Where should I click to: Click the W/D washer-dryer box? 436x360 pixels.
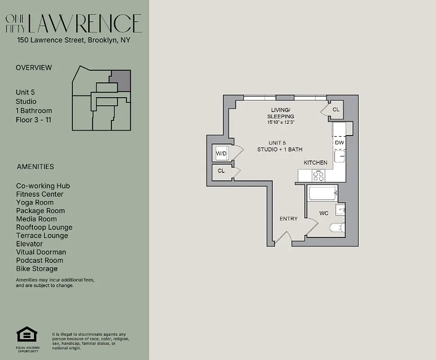pyautogui.click(x=221, y=153)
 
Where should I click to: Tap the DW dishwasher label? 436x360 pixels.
pyautogui.click(x=339, y=143)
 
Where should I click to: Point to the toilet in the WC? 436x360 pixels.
pyautogui.click(x=337, y=227)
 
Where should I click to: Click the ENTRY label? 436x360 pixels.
pyautogui.click(x=289, y=219)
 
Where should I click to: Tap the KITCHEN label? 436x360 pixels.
pyautogui.click(x=316, y=162)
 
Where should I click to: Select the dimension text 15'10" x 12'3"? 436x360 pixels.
pyautogui.click(x=280, y=122)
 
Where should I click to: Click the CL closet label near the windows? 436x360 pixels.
pyautogui.click(x=336, y=110)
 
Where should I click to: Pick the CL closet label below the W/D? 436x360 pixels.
pyautogui.click(x=221, y=171)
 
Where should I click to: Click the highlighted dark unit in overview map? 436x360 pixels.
pyautogui.click(x=121, y=80)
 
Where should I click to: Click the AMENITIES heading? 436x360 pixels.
pyautogui.click(x=35, y=166)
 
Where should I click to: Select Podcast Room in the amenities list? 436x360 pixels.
pyautogui.click(x=40, y=260)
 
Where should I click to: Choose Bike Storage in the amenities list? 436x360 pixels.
pyautogui.click(x=37, y=269)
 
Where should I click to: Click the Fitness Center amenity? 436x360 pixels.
pyautogui.click(x=40, y=194)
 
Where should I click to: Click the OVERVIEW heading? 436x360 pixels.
pyautogui.click(x=34, y=67)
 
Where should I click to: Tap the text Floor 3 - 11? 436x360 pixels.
pyautogui.click(x=34, y=120)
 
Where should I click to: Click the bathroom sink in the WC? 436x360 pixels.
pyautogui.click(x=342, y=210)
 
